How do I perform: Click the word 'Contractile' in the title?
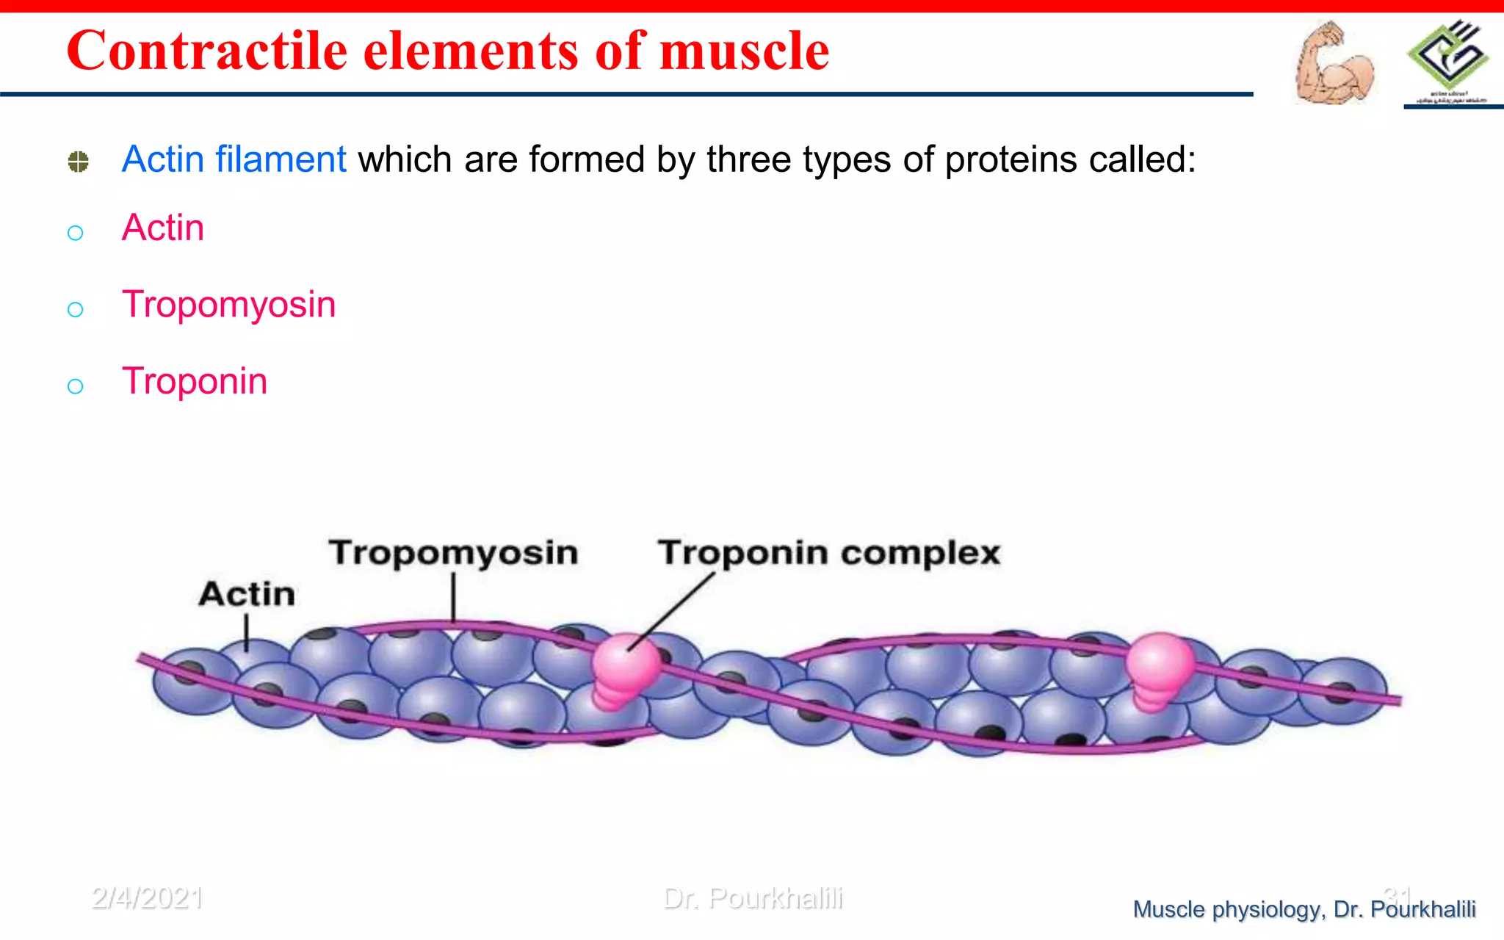[x=206, y=51]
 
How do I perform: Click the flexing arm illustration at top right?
[x=1333, y=62]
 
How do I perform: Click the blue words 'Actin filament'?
[x=234, y=159]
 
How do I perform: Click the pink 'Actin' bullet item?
[x=163, y=228]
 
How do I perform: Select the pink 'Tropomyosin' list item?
[x=228, y=304]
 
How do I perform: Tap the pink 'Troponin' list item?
[x=195, y=381]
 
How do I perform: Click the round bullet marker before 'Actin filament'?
[x=79, y=162]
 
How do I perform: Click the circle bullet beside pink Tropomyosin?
[x=75, y=309]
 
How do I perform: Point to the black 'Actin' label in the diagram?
[x=247, y=593]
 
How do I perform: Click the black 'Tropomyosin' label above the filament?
[x=453, y=552]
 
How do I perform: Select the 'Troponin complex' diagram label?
[x=828, y=552]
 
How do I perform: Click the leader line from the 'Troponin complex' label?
[x=672, y=611]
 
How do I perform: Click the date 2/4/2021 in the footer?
[x=147, y=898]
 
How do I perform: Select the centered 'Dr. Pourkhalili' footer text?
[x=753, y=898]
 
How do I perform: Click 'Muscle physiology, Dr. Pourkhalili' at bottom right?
[x=1304, y=909]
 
